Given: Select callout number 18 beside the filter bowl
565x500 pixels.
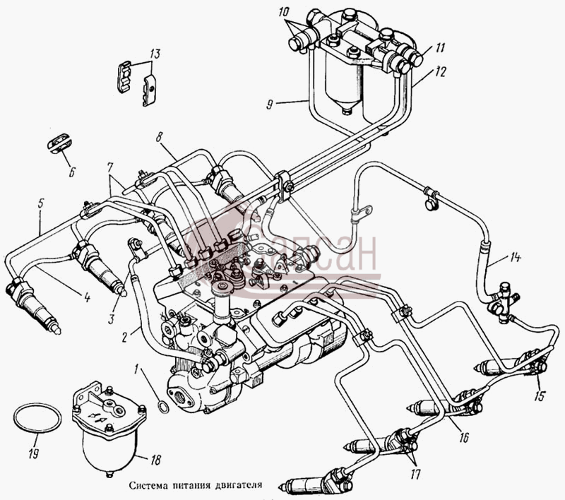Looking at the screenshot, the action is pos(155,460).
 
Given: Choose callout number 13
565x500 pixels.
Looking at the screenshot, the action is pos(155,54).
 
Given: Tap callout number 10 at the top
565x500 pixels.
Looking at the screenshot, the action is pos(284,12).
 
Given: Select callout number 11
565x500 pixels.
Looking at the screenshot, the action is pos(439,47).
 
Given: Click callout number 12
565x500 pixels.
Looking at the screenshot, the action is pos(441,72).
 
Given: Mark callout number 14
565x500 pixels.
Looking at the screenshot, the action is pos(516,258).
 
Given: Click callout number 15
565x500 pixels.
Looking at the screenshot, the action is pos(540,395).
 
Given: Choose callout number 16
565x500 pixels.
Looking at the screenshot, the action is pos(464,437).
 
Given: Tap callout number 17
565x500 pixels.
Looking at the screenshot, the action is pos(415,475).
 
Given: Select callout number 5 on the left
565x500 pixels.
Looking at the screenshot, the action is pos(40,203).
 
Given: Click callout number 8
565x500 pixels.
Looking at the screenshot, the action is pos(160,136).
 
